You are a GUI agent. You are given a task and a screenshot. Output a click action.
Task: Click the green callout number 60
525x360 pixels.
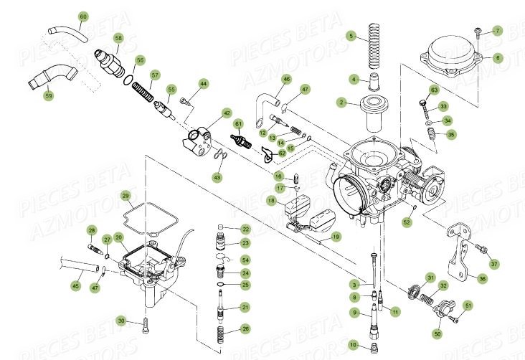83,16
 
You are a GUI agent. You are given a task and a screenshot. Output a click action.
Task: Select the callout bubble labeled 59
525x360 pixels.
48,95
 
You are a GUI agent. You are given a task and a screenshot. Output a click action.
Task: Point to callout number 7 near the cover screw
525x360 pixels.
498,31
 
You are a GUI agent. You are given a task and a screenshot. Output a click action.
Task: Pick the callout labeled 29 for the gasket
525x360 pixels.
125,196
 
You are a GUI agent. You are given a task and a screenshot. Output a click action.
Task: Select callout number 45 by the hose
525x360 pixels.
75,285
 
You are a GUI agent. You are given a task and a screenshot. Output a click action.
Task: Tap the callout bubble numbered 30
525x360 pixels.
122,321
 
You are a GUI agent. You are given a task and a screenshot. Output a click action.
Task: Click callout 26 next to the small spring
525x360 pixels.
245,328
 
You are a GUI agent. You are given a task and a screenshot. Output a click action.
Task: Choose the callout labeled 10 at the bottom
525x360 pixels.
352,344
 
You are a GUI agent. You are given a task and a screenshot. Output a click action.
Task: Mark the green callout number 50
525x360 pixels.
437,333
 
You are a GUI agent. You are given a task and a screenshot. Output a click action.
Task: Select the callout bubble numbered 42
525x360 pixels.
227,113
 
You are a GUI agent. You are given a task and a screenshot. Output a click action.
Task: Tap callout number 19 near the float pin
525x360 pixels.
336,236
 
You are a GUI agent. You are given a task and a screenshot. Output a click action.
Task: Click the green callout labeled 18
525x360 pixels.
272,202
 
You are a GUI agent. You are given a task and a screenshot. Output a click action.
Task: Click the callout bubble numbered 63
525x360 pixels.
434,90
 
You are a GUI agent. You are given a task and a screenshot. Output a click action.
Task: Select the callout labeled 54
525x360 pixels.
245,260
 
